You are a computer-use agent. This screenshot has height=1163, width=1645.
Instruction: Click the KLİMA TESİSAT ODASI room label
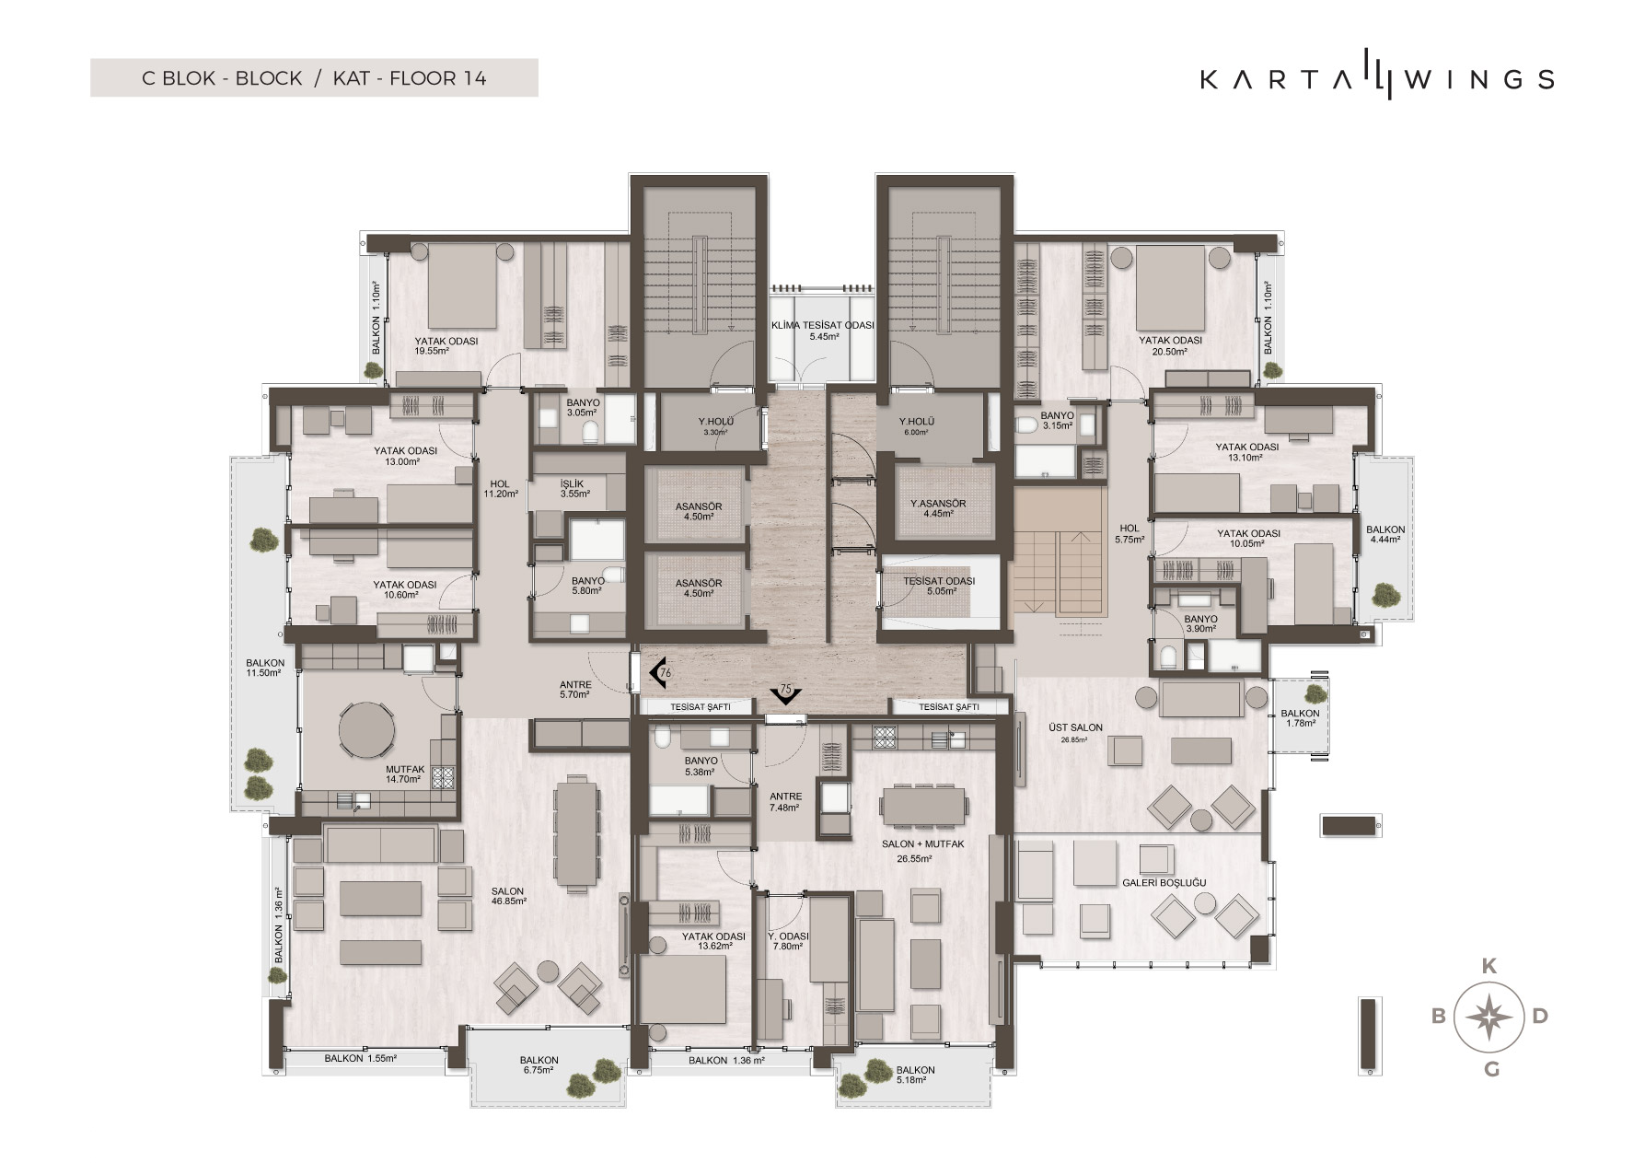point(823,331)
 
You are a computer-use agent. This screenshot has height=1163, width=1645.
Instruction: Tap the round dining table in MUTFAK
point(367,730)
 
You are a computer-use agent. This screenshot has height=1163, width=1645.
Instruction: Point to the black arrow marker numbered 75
point(786,692)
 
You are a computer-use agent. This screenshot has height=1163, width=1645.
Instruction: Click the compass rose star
point(1490,1017)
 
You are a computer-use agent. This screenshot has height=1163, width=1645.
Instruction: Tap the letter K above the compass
point(1489,966)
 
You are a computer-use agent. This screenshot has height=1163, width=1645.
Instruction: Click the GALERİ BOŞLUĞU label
point(1164,883)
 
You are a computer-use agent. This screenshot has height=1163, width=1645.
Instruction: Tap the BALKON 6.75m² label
point(539,1064)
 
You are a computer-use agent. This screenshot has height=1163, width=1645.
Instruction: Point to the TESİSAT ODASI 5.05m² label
point(938,587)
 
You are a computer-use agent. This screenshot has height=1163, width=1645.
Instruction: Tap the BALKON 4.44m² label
point(1384,534)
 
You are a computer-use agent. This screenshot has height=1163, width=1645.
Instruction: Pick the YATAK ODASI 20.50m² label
point(1170,345)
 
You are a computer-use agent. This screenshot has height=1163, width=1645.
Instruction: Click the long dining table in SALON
point(575,834)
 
